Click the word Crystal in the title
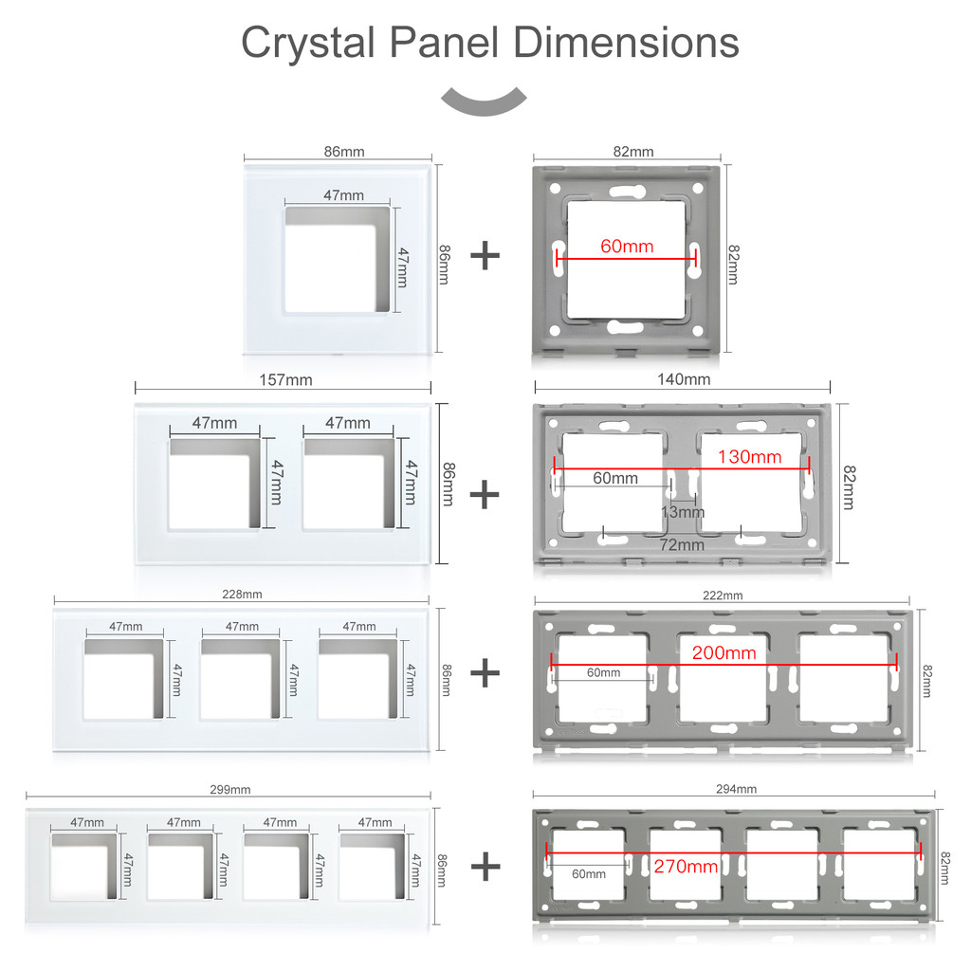(308, 44)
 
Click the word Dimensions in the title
(626, 44)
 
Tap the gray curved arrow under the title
(484, 101)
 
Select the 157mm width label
(285, 379)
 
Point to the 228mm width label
(242, 595)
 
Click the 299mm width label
(230, 790)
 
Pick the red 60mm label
(627, 247)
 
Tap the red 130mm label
(749, 457)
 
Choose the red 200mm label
(724, 652)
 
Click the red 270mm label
(686, 867)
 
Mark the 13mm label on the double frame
(683, 512)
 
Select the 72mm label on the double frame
(682, 545)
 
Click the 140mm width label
(684, 379)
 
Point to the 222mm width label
(723, 595)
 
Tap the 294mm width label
(736, 789)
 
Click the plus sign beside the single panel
(485, 256)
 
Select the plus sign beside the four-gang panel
(485, 867)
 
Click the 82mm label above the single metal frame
(633, 152)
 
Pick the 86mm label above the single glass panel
(344, 152)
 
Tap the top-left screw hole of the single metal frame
(555, 188)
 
